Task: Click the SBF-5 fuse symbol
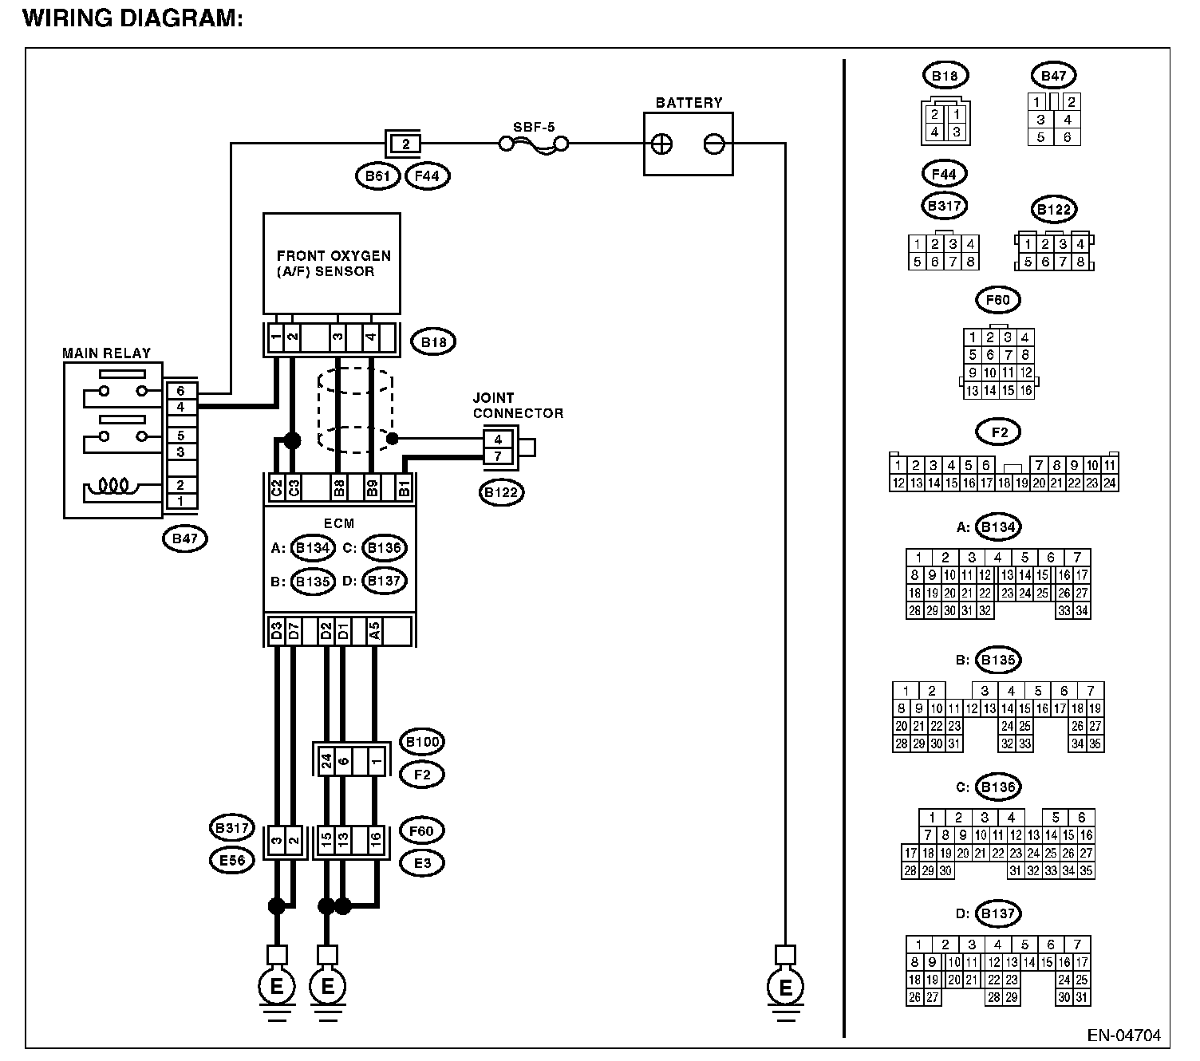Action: click(x=534, y=144)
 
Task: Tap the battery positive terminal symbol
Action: click(x=661, y=144)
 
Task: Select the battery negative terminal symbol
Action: click(x=714, y=144)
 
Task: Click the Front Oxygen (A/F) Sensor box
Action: click(x=332, y=263)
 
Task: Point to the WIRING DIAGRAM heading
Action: click(x=133, y=18)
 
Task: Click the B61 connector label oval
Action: click(x=378, y=176)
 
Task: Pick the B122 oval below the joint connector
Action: click(x=502, y=492)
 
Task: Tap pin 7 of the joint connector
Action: click(x=498, y=456)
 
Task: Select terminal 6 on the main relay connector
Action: click(x=180, y=390)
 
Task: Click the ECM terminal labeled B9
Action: click(x=372, y=488)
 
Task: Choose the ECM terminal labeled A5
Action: click(x=374, y=631)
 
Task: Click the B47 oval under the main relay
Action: click(x=185, y=538)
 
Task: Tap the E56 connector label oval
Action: click(x=232, y=860)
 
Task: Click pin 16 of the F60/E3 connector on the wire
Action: click(x=376, y=840)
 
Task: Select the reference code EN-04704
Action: click(x=1123, y=1035)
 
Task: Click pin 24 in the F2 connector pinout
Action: click(x=1109, y=483)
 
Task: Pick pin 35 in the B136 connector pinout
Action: click(x=1086, y=871)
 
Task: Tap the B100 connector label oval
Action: click(x=422, y=742)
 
